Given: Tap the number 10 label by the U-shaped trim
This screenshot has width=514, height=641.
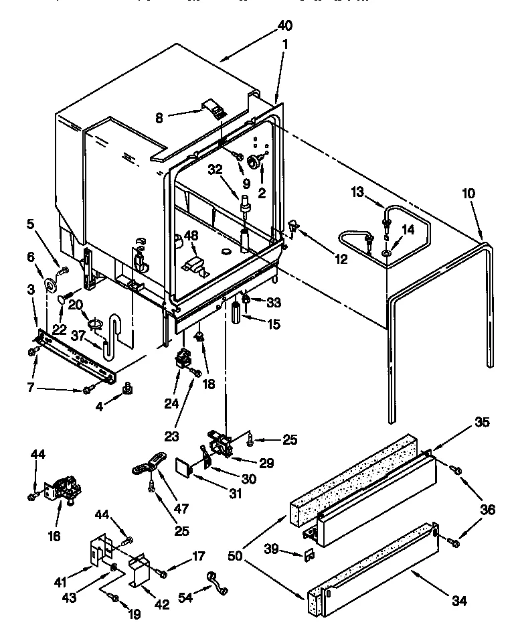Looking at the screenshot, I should click(468, 194).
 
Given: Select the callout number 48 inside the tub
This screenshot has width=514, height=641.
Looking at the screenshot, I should click(191, 236).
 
